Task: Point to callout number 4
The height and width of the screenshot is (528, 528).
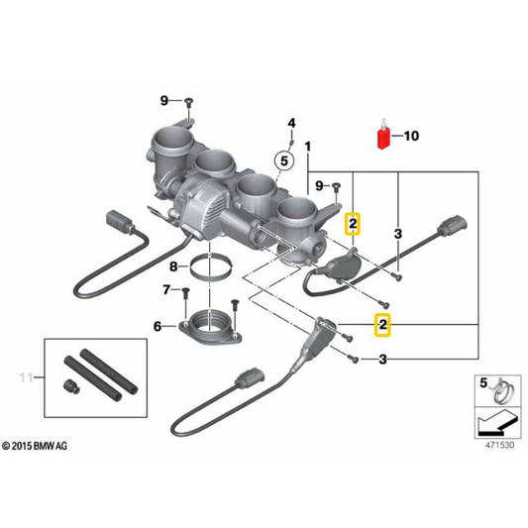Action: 292,123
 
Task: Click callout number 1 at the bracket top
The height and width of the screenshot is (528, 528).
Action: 309,147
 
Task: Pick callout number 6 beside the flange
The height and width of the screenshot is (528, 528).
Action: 158,326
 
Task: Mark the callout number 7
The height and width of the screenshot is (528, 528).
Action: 165,289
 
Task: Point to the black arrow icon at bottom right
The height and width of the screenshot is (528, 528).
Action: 492,421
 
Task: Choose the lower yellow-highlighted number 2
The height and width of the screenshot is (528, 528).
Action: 380,323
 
